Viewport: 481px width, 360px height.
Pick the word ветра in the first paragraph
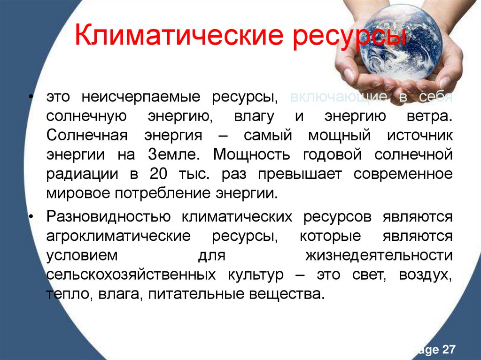click(433, 116)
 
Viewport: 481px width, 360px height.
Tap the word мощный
click(334, 136)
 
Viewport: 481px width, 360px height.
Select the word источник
click(420, 136)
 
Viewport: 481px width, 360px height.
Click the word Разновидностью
click(109, 217)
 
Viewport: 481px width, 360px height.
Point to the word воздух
click(426, 275)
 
